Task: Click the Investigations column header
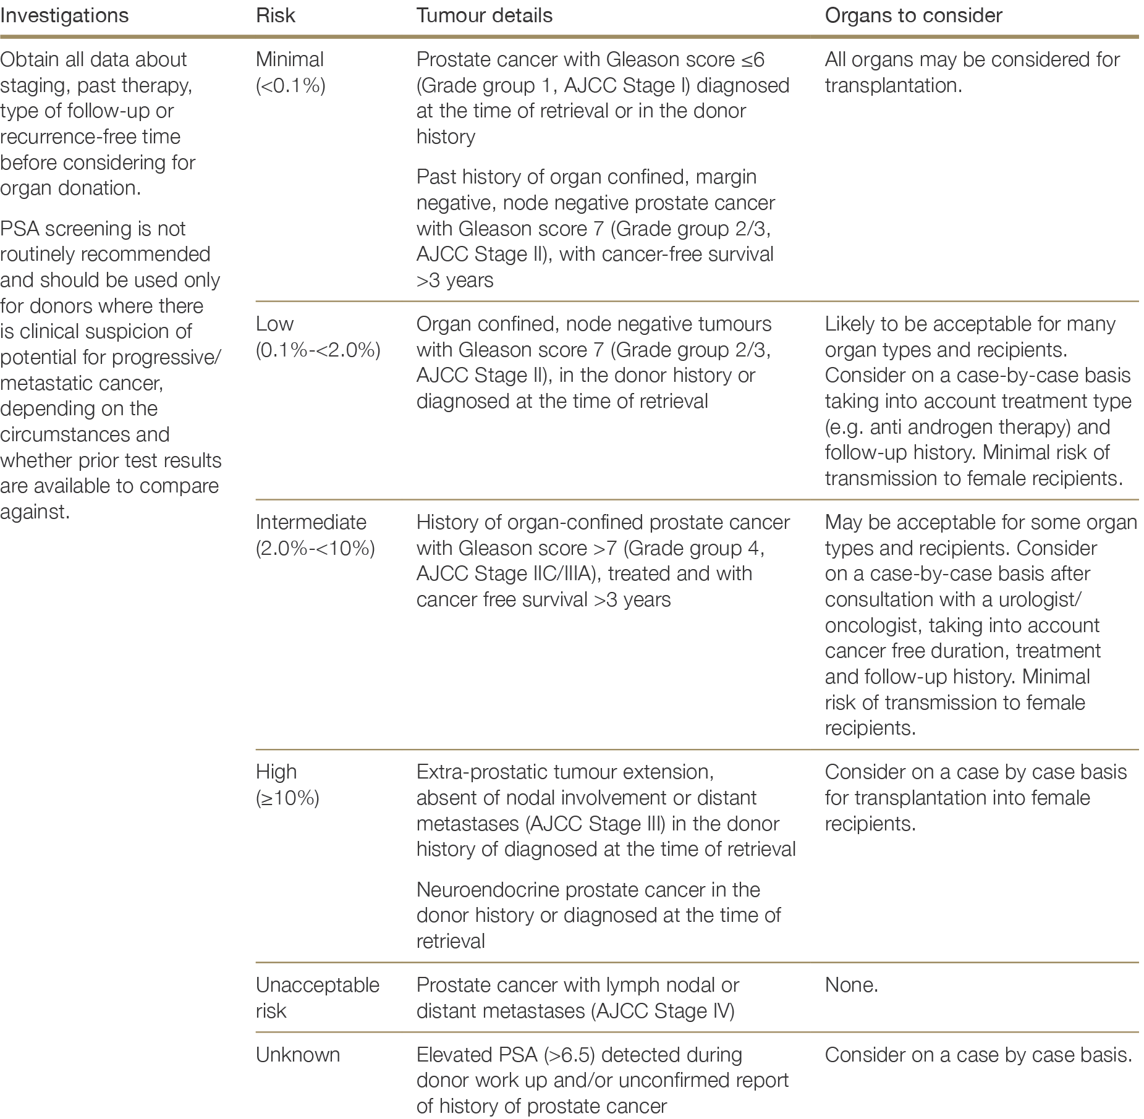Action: pyautogui.click(x=64, y=15)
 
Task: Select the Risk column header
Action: pyautogui.click(x=276, y=15)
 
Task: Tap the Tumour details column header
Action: pyautogui.click(x=485, y=15)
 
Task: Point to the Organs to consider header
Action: pyautogui.click(x=913, y=15)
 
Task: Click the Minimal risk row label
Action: pyautogui.click(x=290, y=59)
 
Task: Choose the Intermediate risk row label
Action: pyautogui.click(x=311, y=522)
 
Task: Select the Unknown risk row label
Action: pyautogui.click(x=298, y=1055)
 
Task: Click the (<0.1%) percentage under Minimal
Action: pyautogui.click(x=290, y=85)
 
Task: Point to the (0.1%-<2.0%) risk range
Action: pyautogui.click(x=318, y=350)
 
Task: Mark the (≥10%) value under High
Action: pyautogui.click(x=287, y=798)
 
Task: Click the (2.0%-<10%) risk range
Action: pyautogui.click(x=315, y=548)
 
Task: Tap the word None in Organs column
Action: pyautogui.click(x=851, y=985)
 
